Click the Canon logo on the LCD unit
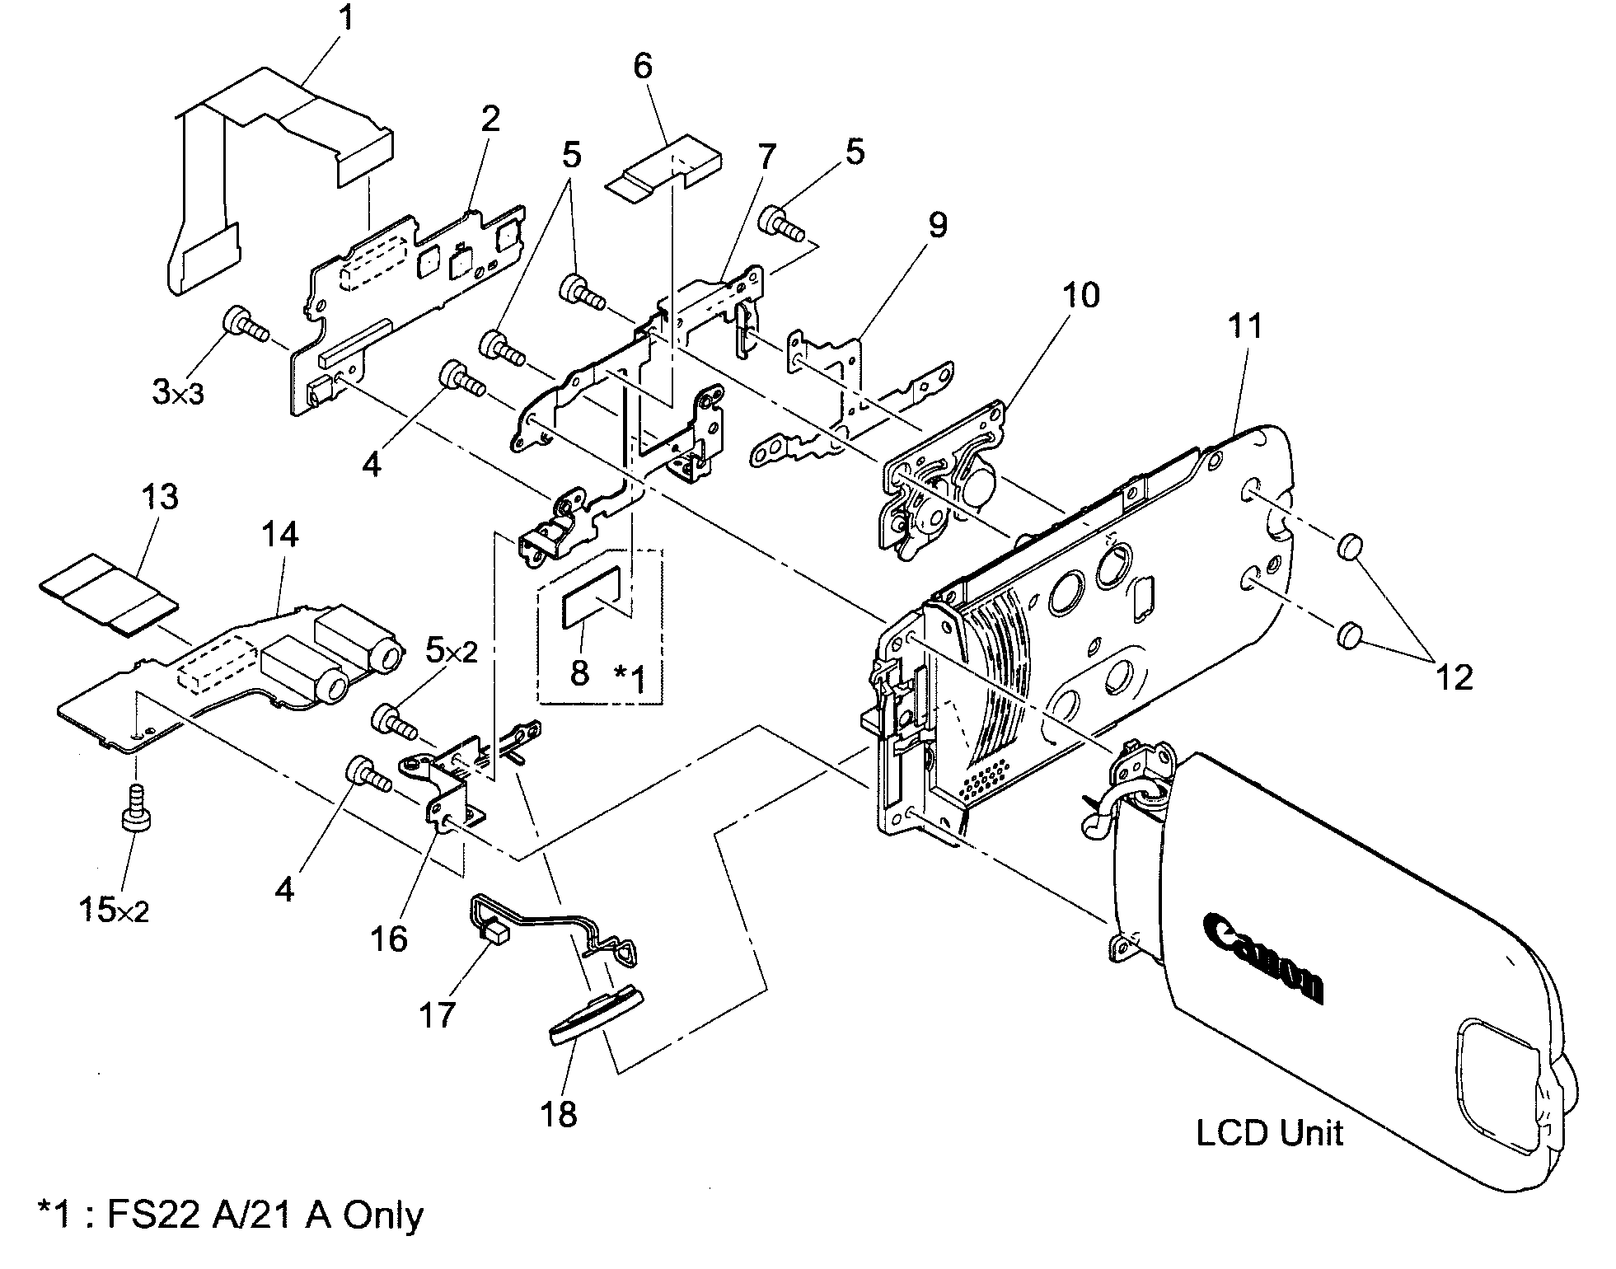1263,956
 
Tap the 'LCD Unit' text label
1269,1134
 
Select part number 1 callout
346,18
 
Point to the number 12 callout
1454,677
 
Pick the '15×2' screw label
115,911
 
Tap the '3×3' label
178,393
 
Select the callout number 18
558,1114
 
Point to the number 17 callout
438,1015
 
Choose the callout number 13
159,497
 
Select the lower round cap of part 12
1348,635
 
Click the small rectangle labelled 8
592,592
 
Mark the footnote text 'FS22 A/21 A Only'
231,1215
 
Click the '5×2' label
451,653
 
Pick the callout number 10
1080,294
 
